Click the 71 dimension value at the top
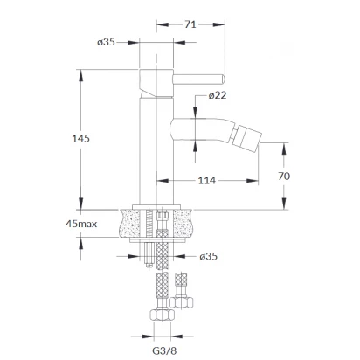(x=190, y=24)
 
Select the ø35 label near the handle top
(x=106, y=42)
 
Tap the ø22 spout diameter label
(x=218, y=95)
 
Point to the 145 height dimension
(x=80, y=139)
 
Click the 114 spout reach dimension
(x=207, y=181)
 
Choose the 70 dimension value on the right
(x=284, y=177)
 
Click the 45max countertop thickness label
(x=81, y=224)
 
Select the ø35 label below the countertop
(x=209, y=256)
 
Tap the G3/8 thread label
(x=164, y=350)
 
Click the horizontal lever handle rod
(x=198, y=80)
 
